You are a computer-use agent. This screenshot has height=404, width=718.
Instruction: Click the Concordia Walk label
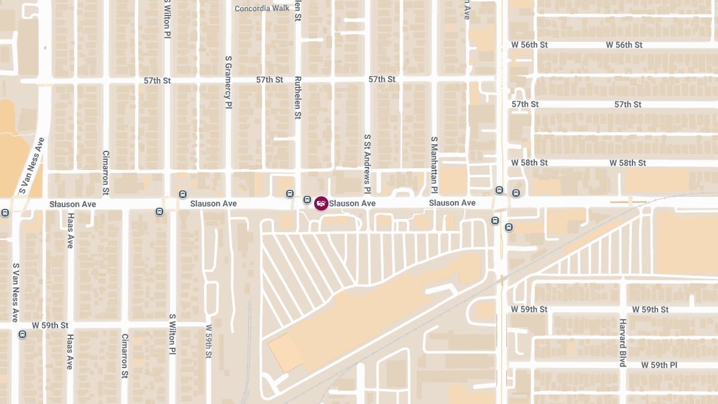point(262,8)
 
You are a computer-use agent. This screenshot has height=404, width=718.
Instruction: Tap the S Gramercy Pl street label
point(228,82)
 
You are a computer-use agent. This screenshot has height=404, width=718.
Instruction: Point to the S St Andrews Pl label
point(368,163)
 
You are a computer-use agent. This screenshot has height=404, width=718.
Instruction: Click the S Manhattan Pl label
point(435,165)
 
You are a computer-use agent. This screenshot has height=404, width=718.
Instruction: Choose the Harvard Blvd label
point(622,343)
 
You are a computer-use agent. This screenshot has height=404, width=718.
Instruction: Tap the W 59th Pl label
point(659,364)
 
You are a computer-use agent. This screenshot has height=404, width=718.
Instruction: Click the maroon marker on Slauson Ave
point(321,203)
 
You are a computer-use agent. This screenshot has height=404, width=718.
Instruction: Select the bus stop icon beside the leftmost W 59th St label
point(23,334)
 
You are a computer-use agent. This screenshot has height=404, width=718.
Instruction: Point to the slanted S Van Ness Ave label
point(32,166)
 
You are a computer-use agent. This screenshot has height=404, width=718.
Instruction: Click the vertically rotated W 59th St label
point(209,341)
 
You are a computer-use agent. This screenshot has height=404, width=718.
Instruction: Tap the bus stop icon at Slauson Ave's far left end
point(5,212)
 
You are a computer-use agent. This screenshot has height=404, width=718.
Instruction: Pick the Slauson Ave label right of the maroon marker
point(352,203)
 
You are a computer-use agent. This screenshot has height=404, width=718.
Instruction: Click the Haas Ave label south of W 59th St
point(70,351)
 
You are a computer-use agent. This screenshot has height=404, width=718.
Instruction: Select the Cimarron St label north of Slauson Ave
point(106,173)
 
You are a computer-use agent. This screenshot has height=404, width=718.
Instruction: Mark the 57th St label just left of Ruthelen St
point(269,80)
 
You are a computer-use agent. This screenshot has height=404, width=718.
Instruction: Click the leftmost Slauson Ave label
point(72,204)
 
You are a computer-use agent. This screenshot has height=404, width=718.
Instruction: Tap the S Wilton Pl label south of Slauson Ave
point(172,333)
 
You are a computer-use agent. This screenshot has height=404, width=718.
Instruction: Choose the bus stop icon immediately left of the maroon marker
point(307,199)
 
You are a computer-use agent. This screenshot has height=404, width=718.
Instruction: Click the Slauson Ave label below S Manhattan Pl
point(452,203)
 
